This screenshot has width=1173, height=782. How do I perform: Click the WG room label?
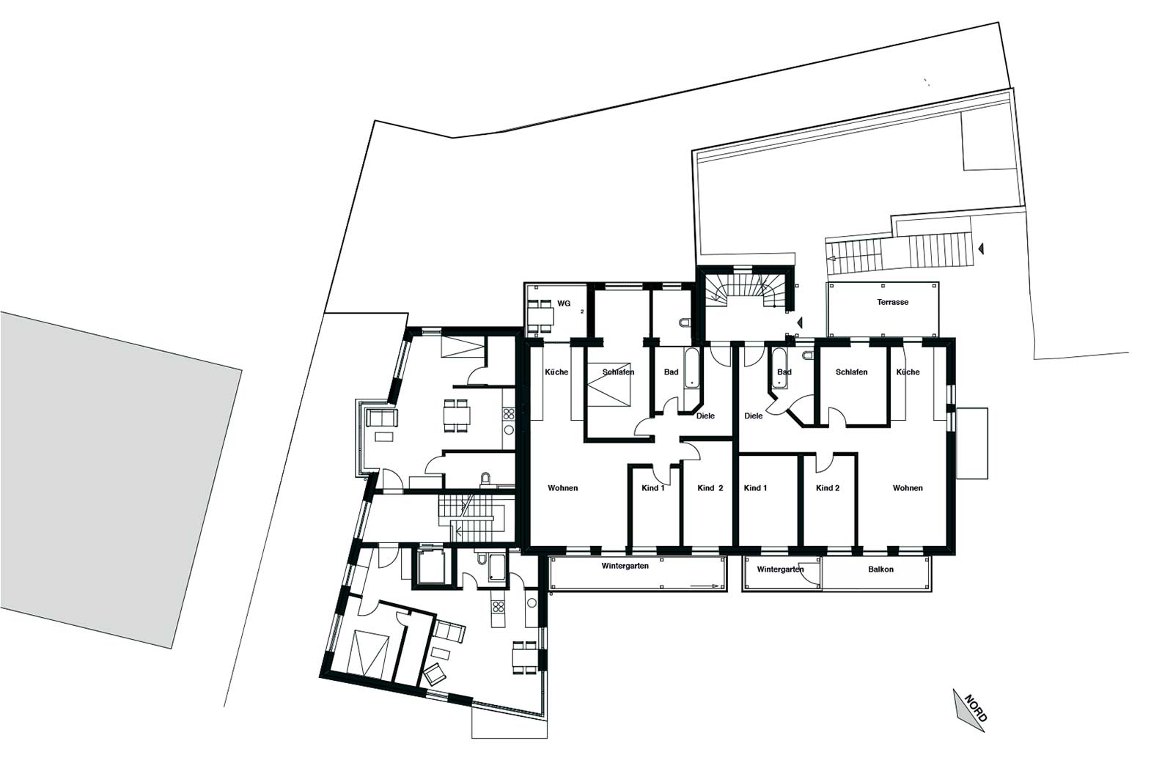[x=564, y=303]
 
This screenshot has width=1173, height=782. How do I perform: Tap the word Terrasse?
[x=892, y=302]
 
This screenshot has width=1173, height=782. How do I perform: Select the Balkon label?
[x=880, y=569]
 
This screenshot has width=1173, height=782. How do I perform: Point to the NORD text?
[x=976, y=708]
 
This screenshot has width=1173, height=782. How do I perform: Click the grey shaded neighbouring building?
[x=120, y=479]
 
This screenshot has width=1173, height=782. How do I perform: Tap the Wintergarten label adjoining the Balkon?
[x=780, y=569]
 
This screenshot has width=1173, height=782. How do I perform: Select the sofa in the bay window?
[x=382, y=418]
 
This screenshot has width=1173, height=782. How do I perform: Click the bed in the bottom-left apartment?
[x=371, y=654]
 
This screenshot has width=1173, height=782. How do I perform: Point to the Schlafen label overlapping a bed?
[x=618, y=372]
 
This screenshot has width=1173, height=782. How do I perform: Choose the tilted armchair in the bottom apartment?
[x=434, y=674]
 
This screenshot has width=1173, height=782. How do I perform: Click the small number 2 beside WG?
[x=582, y=311]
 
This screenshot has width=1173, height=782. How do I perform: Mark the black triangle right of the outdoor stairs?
[x=981, y=248]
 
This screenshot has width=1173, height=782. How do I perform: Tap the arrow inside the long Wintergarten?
[x=705, y=586]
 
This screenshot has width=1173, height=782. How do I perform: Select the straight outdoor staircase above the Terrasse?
[x=900, y=253]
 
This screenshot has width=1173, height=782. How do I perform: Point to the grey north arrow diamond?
[x=968, y=710]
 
